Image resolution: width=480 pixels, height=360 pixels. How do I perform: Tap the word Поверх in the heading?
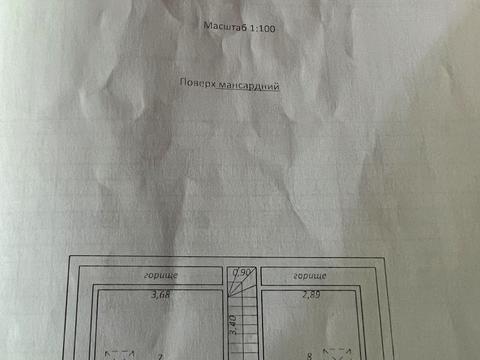coord(195,86)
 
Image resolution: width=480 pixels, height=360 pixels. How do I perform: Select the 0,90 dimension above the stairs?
coord(240,272)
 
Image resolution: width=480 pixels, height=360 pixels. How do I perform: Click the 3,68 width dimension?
coord(160,294)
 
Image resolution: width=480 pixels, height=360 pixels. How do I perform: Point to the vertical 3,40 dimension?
coord(233,325)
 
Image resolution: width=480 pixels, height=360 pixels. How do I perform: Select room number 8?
coord(311,354)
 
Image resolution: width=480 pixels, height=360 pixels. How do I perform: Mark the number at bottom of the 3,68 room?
coord(159,354)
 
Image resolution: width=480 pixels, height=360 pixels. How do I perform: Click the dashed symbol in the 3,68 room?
coord(119,353)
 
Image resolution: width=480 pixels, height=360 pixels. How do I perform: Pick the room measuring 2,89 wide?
coord(310,325)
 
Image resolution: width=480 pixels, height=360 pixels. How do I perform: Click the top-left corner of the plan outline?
coord(70,260)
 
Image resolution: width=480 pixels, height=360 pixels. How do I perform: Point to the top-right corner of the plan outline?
coord(387,260)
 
